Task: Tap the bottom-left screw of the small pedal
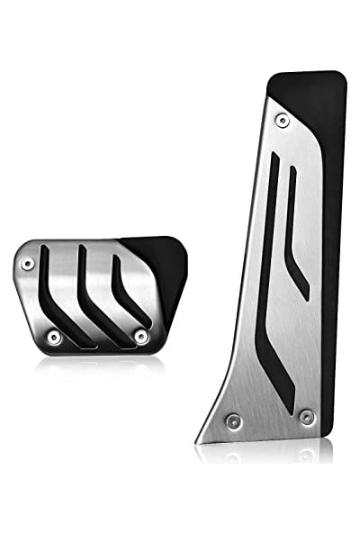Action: click(x=54, y=337)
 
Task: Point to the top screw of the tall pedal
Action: click(x=283, y=120)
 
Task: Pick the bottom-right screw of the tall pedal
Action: click(x=306, y=416)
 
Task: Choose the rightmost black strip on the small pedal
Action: click(x=126, y=288)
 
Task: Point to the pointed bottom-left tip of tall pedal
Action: click(x=199, y=440)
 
